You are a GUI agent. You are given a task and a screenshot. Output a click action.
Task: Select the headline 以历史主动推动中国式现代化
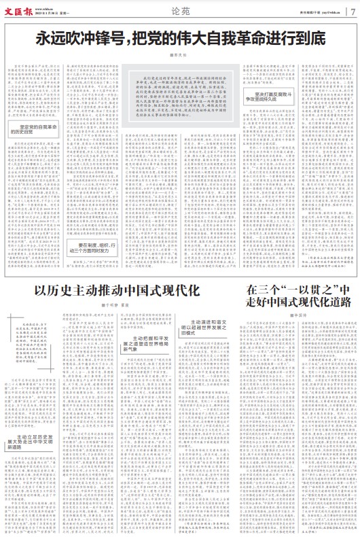coord(118,273)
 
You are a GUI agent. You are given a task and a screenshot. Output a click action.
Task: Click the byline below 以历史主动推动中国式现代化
coord(119,288)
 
